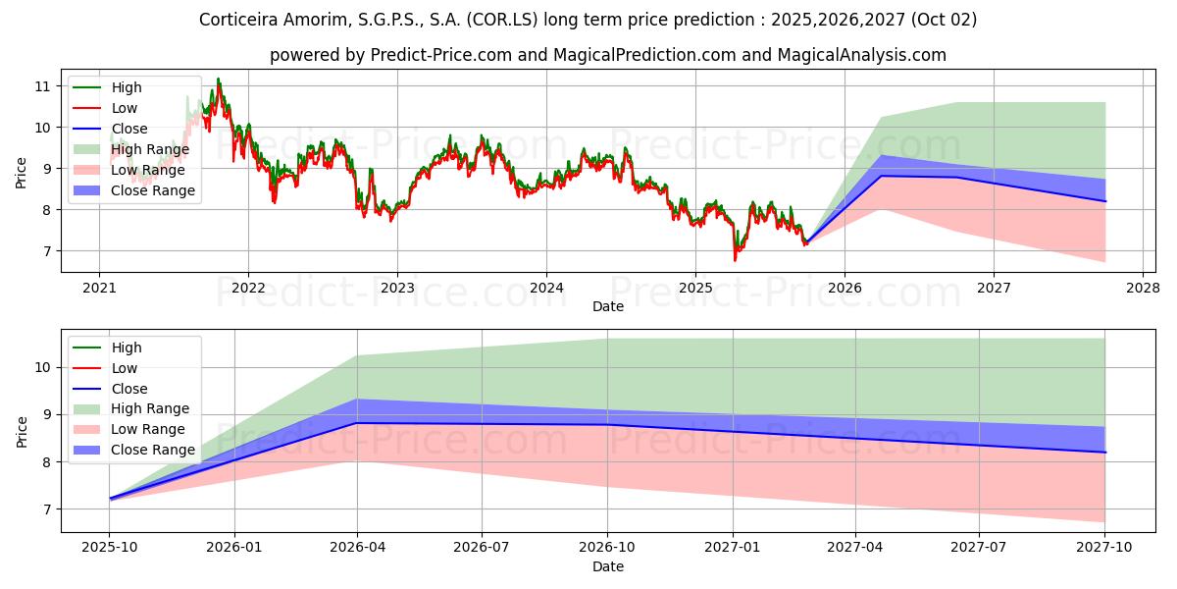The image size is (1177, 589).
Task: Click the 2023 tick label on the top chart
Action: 397,288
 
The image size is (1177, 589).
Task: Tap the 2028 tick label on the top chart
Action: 1143,288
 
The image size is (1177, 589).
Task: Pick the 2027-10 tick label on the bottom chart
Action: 1105,548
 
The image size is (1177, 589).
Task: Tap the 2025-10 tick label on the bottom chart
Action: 109,548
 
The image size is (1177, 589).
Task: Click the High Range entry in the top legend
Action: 150,149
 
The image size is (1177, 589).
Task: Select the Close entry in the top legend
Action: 129,129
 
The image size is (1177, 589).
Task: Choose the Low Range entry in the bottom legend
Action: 148,429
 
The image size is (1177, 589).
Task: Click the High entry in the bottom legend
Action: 127,348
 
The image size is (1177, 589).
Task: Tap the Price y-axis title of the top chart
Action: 22,172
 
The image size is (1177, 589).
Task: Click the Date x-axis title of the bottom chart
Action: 608,566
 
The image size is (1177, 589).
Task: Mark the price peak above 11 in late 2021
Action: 218,79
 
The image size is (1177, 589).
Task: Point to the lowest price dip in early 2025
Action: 735,259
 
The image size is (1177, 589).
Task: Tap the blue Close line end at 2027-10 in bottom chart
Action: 1105,453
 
